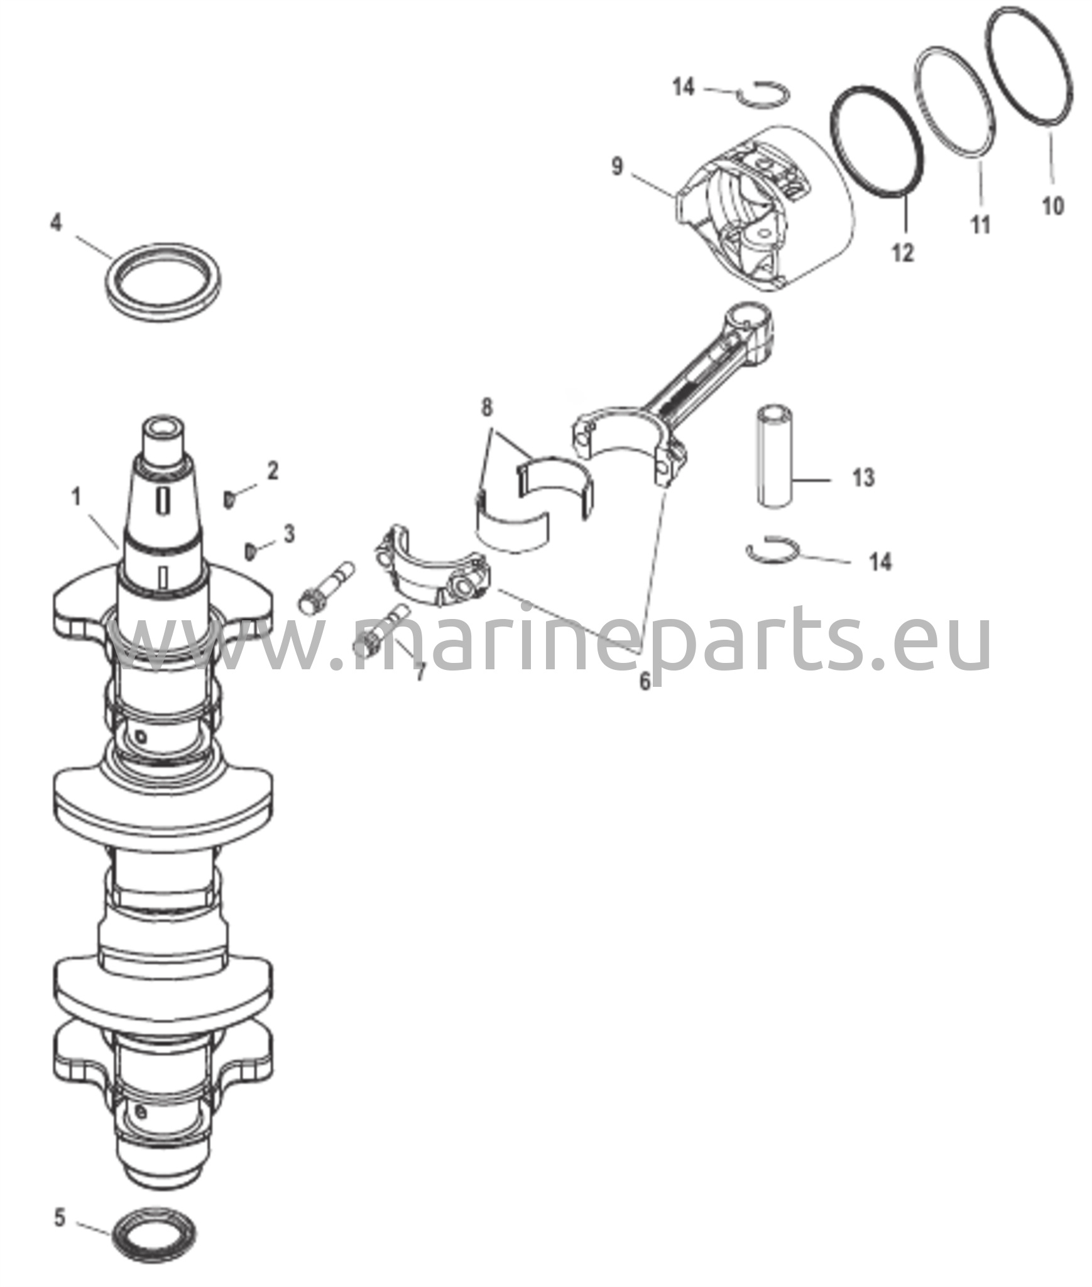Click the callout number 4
(57, 222)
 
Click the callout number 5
(60, 1219)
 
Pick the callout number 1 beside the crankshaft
(77, 497)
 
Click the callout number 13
(863, 478)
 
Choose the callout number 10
(1053, 205)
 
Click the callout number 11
(981, 224)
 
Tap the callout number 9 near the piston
(617, 167)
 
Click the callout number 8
(487, 407)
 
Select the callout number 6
(645, 681)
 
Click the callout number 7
(418, 672)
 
